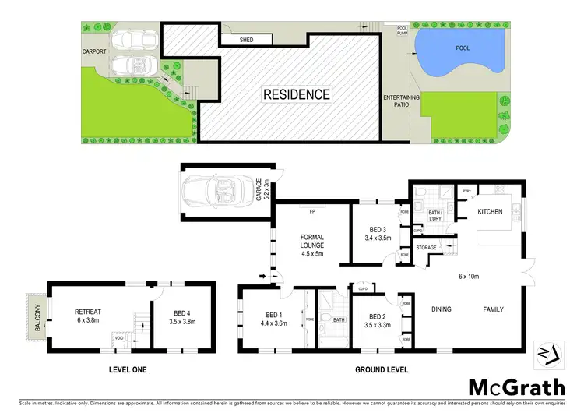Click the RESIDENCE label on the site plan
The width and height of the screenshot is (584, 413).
pyautogui.click(x=296, y=94)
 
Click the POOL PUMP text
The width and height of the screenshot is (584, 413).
pyautogui.click(x=402, y=32)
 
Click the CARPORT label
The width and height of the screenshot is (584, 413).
pyautogui.click(x=95, y=52)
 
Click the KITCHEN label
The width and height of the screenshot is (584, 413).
pyautogui.click(x=490, y=212)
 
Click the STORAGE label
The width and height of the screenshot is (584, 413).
pyautogui.click(x=426, y=247)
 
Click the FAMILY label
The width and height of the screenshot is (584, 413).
pyautogui.click(x=491, y=309)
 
